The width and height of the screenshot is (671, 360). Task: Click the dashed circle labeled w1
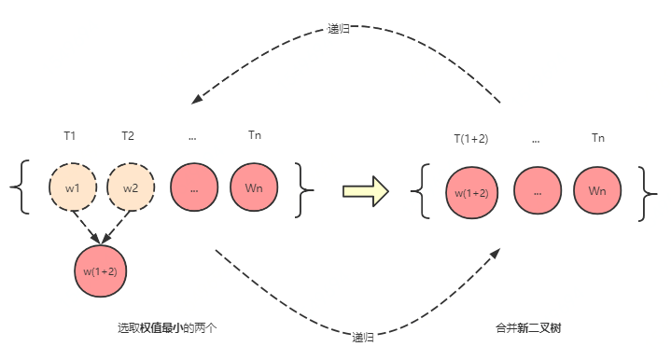(72, 187)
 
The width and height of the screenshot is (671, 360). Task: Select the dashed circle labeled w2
(130, 187)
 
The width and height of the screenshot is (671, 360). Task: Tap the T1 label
(69, 136)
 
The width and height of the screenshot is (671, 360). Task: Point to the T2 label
(128, 136)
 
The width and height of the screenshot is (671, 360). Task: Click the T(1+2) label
(471, 139)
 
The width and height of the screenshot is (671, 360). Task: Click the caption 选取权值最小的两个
(167, 328)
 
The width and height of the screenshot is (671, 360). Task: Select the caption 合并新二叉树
(528, 328)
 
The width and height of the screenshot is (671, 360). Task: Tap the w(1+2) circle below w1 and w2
(100, 271)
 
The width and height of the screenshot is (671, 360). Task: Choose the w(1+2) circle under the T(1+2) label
(472, 193)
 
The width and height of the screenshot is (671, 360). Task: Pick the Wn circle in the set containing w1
(254, 187)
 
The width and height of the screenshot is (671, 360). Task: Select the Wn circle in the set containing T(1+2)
(598, 191)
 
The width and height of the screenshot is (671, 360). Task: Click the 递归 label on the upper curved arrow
(339, 29)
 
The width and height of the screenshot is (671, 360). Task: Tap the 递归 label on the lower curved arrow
(364, 336)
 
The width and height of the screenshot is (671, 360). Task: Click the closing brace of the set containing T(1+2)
(647, 193)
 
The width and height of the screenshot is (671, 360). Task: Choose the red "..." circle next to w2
(193, 187)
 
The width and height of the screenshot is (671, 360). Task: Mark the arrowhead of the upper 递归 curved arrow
(196, 100)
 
